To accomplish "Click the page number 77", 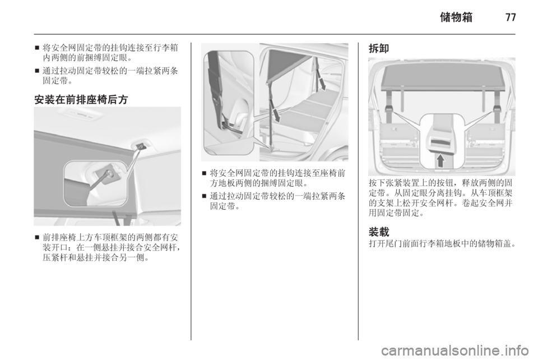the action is point(511,17).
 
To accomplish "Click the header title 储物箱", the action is point(456,17).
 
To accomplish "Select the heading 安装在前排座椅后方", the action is point(81,99).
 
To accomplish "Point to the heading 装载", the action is point(379,232).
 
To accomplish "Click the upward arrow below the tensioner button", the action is point(440,160).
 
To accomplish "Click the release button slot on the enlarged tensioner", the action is point(441,141).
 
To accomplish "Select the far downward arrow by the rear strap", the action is point(322,82).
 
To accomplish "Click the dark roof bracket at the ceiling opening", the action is point(140,146).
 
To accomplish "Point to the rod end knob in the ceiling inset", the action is point(110,174).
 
